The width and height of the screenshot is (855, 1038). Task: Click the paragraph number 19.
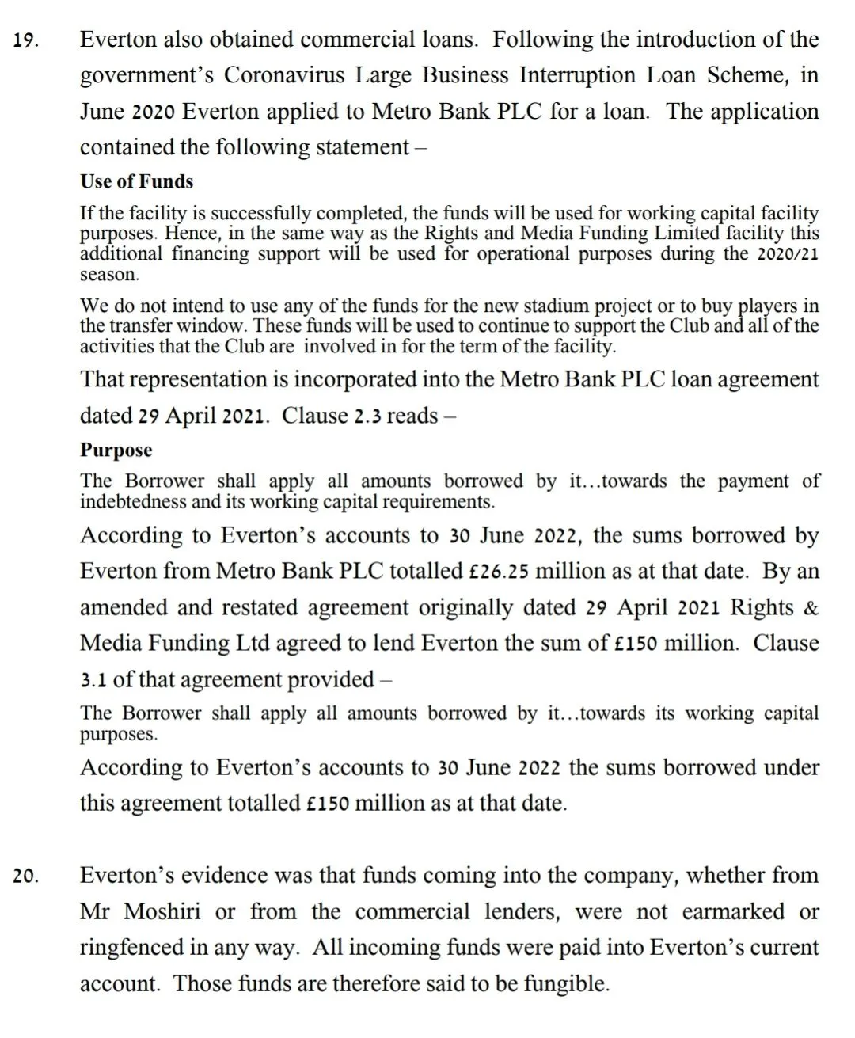click(26, 41)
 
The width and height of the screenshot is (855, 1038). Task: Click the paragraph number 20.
click(26, 877)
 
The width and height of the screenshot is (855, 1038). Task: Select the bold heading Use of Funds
click(136, 181)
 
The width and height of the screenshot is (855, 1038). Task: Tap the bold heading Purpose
click(116, 450)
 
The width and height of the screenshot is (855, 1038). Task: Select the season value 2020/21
click(788, 254)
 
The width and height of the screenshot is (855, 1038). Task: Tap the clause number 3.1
click(95, 679)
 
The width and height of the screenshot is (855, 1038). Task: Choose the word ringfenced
click(135, 948)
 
